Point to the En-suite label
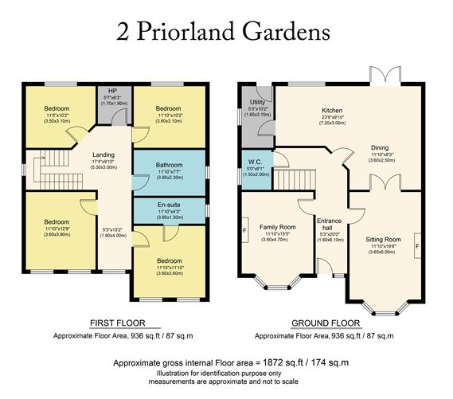click(x=168, y=209)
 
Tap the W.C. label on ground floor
click(x=255, y=162)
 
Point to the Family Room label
click(x=278, y=227)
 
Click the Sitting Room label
click(x=383, y=239)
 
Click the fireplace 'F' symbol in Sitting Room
click(x=416, y=248)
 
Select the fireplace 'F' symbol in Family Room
click(x=244, y=232)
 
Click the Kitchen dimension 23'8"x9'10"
click(x=331, y=119)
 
